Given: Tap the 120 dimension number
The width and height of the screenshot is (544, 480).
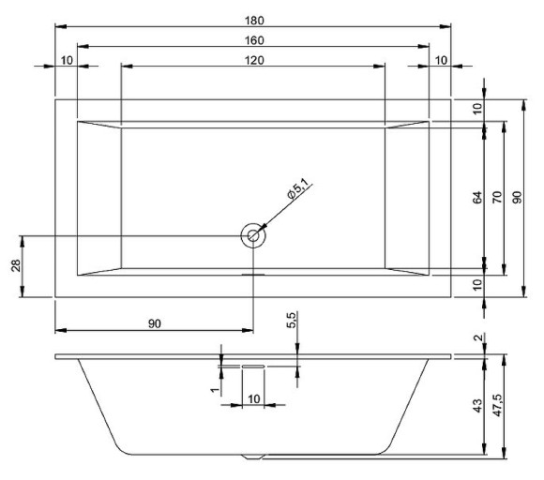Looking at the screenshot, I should point(253,60).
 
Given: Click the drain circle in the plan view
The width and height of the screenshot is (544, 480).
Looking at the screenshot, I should point(252,235).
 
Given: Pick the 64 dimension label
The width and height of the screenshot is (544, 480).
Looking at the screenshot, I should point(476,198).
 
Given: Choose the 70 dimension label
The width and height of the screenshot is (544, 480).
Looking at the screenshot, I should point(498,198).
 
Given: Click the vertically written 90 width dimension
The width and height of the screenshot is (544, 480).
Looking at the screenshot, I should point(519,198).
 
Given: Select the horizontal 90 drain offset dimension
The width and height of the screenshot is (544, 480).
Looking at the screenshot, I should point(156,323).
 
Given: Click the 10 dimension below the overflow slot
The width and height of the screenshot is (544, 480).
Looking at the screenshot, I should point(253,398).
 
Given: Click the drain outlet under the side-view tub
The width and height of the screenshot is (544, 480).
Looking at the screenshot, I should point(253,457).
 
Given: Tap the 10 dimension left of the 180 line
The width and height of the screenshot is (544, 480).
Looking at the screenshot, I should point(67,60).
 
